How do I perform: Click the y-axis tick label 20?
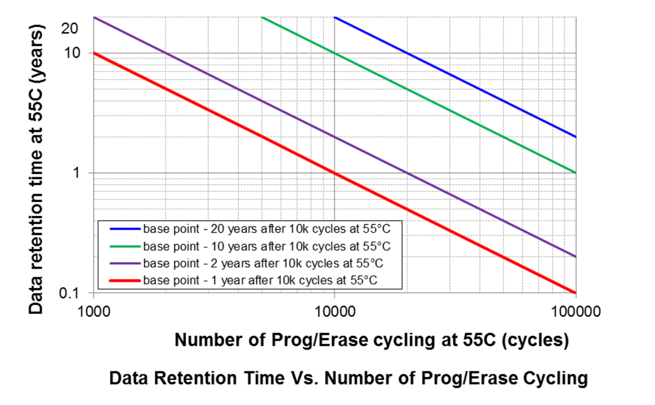point(69,28)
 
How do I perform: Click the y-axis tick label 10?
point(72,53)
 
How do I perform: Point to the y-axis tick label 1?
point(76,173)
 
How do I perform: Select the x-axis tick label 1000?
point(94,312)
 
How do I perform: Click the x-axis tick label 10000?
point(335,312)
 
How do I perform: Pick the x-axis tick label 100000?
point(576,312)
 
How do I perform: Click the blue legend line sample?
point(125,229)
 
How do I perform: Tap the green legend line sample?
point(125,246)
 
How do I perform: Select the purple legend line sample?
point(125,264)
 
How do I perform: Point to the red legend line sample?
point(125,281)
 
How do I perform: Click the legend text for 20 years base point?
point(266,229)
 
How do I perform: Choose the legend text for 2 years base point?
point(263,264)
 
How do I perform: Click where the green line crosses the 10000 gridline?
point(334,53)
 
